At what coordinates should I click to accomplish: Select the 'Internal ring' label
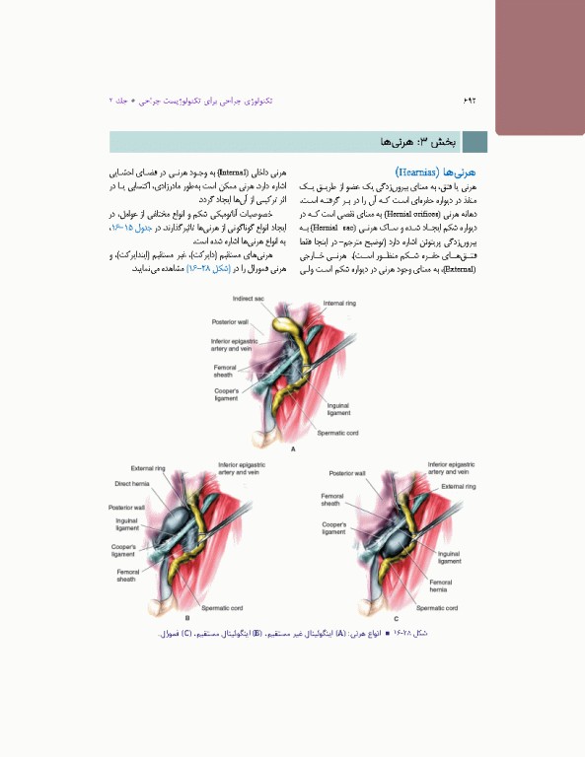click(339, 304)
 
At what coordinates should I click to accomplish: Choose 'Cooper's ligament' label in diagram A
click(226, 395)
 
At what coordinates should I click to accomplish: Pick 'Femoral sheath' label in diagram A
click(224, 371)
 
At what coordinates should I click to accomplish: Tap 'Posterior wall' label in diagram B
click(126, 507)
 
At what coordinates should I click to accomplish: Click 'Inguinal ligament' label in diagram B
click(126, 523)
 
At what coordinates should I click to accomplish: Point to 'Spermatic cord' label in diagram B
click(224, 608)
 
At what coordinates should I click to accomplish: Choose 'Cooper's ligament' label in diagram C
click(333, 528)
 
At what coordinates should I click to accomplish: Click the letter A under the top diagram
click(293, 448)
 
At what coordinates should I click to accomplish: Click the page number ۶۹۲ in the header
click(470, 102)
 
